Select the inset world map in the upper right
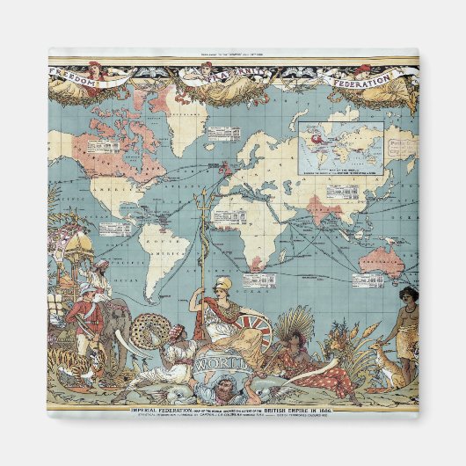342,146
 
